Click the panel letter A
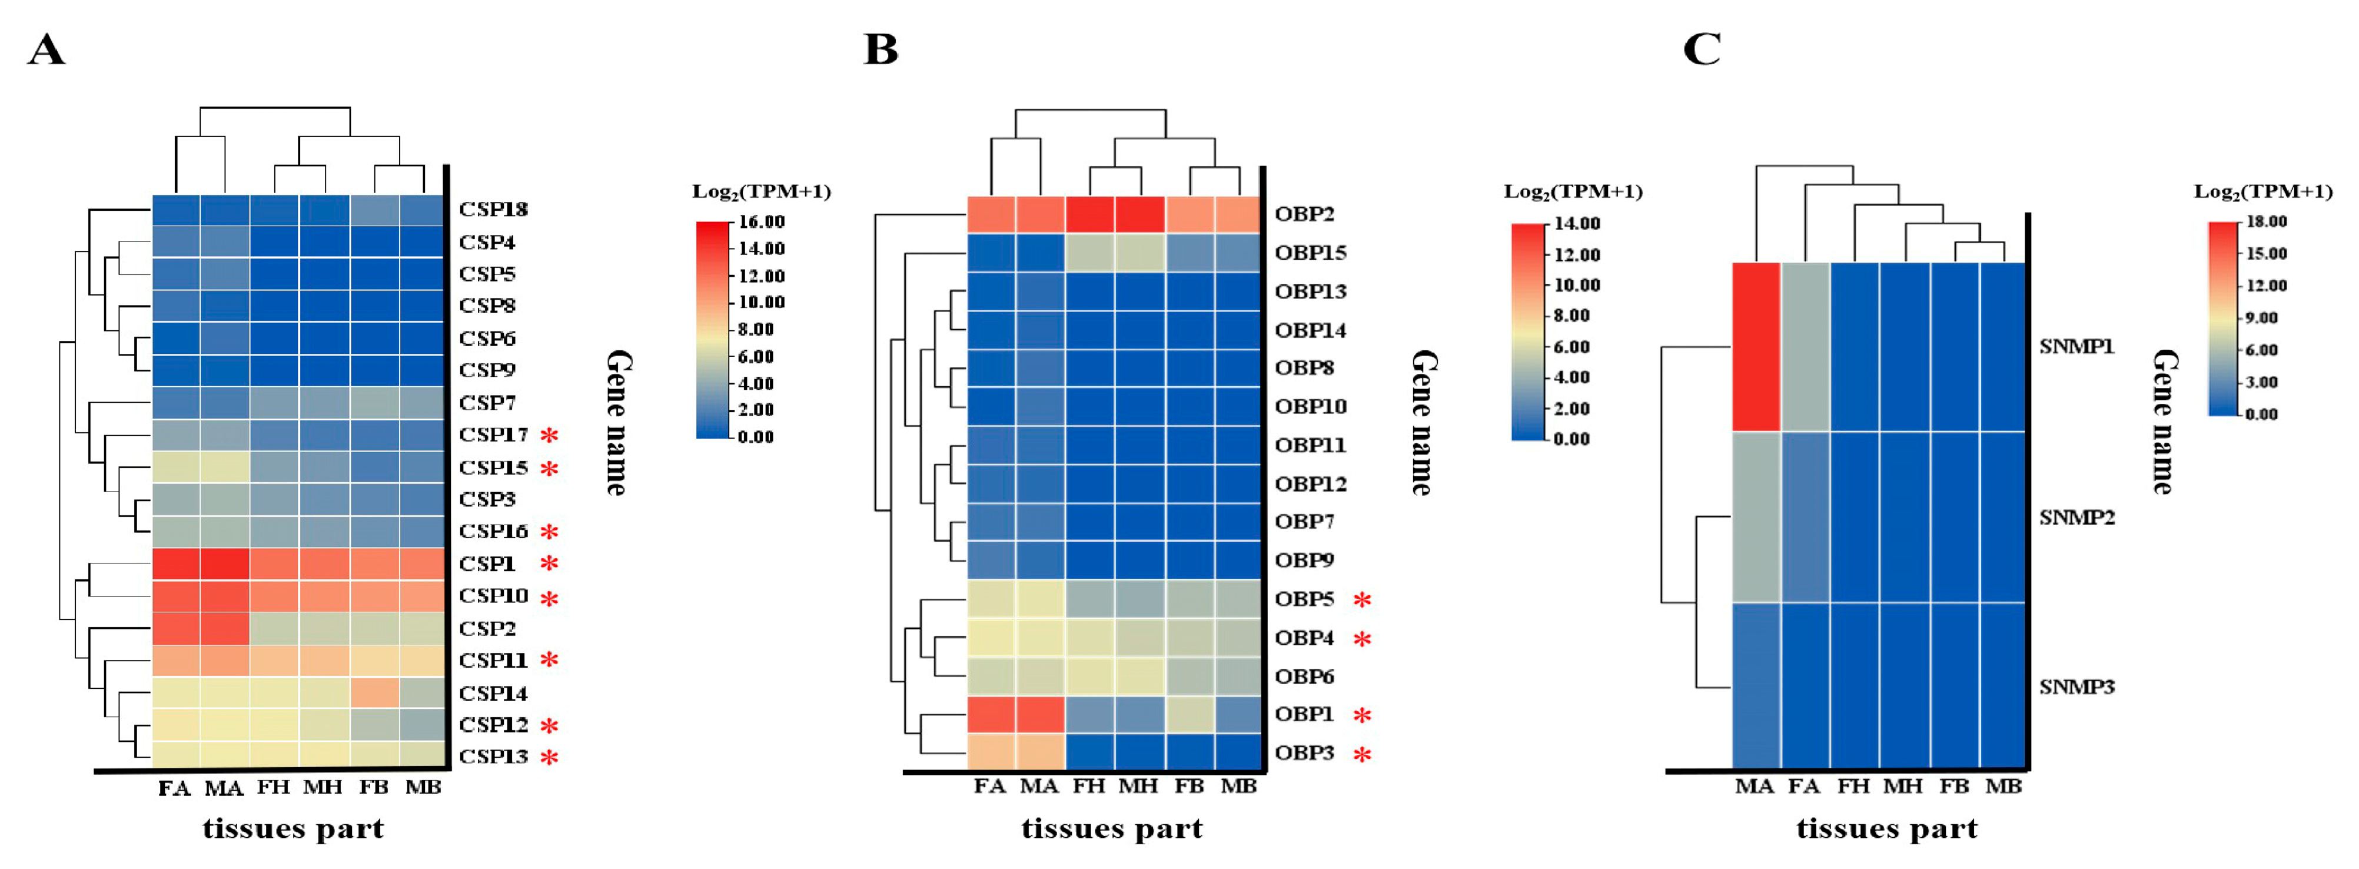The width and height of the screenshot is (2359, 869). point(46,49)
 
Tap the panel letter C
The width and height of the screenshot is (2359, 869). point(1702,49)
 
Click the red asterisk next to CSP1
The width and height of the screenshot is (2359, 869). point(549,564)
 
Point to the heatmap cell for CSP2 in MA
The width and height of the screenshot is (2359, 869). point(224,628)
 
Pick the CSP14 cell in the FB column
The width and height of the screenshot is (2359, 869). point(374,692)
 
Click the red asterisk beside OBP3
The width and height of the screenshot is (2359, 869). point(1362,755)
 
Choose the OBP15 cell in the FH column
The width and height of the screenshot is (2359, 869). point(1090,253)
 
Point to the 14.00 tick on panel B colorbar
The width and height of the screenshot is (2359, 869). point(1576,223)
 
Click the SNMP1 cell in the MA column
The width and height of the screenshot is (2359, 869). point(1756,347)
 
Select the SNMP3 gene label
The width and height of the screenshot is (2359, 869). point(2076,686)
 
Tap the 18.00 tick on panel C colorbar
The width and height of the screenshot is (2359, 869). point(2267,221)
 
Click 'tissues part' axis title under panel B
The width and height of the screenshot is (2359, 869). point(1112,829)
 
